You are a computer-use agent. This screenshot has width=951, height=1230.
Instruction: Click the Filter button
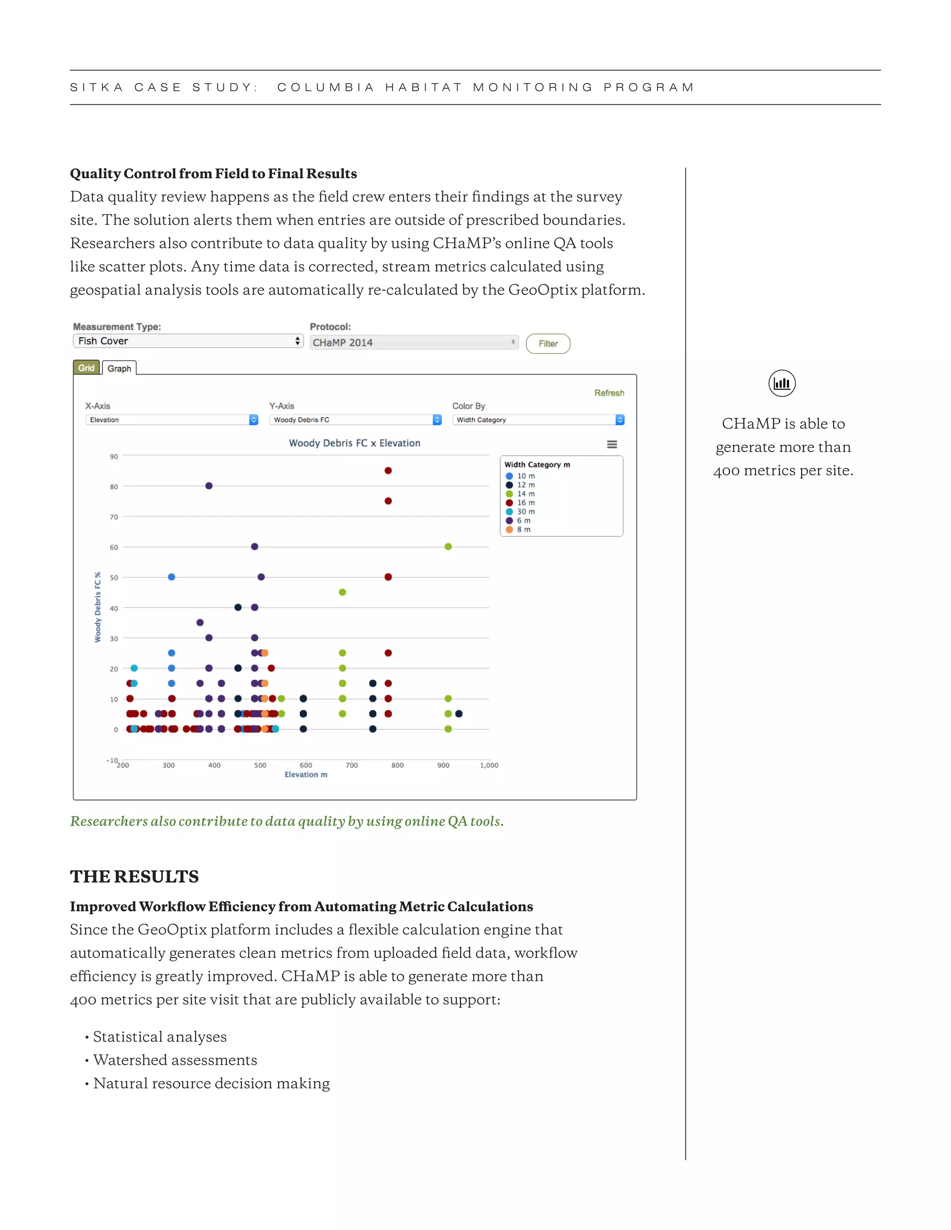(x=547, y=343)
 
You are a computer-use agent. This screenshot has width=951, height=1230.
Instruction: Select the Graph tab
(x=119, y=369)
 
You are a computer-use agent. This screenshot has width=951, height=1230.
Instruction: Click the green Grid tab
(x=86, y=368)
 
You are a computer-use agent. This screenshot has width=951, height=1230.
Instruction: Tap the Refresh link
(x=609, y=393)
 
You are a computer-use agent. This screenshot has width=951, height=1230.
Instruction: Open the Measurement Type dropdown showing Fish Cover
(x=188, y=341)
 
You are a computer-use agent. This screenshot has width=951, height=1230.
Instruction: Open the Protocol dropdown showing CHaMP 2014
(x=414, y=343)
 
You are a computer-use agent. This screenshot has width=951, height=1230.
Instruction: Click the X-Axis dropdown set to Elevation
(x=171, y=420)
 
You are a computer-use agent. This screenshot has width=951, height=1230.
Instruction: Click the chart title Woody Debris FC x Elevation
(x=354, y=443)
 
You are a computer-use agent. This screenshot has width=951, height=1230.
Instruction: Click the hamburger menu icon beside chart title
(x=612, y=444)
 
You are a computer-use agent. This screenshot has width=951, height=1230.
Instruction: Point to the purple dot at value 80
(x=209, y=486)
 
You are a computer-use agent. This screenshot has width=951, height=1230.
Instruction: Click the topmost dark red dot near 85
(x=388, y=471)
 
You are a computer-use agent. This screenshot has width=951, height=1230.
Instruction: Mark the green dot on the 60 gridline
(x=449, y=547)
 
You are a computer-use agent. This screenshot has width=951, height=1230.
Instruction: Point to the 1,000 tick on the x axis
(x=489, y=765)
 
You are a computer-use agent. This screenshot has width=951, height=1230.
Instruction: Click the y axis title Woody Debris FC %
(x=98, y=608)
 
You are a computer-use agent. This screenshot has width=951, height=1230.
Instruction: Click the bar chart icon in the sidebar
(x=782, y=383)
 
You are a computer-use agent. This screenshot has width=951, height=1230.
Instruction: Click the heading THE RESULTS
(x=134, y=877)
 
